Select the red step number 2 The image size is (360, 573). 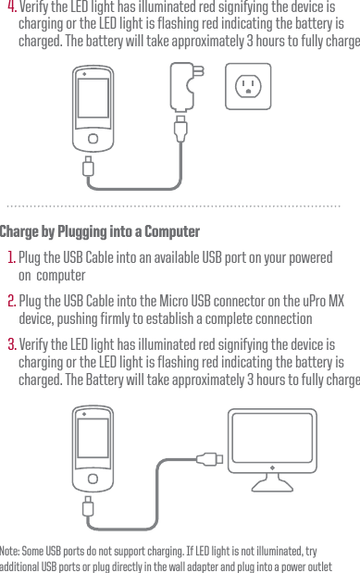[x=11, y=303]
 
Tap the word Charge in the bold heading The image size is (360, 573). [x=24, y=231]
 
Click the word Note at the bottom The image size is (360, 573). [x=12, y=550]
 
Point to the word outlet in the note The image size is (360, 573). [x=320, y=567]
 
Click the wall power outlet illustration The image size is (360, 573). [x=247, y=86]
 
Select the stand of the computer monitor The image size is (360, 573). [x=272, y=480]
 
